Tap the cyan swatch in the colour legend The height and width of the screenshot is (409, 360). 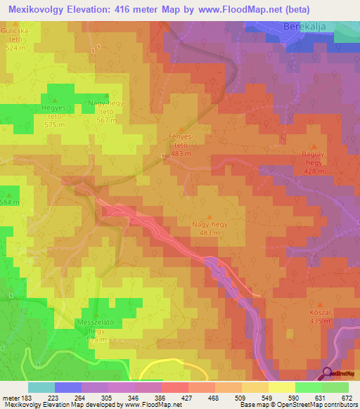point(41,387)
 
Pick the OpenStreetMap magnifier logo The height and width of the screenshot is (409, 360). point(328,375)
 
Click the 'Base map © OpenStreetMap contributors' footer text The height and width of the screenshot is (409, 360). point(297,405)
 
